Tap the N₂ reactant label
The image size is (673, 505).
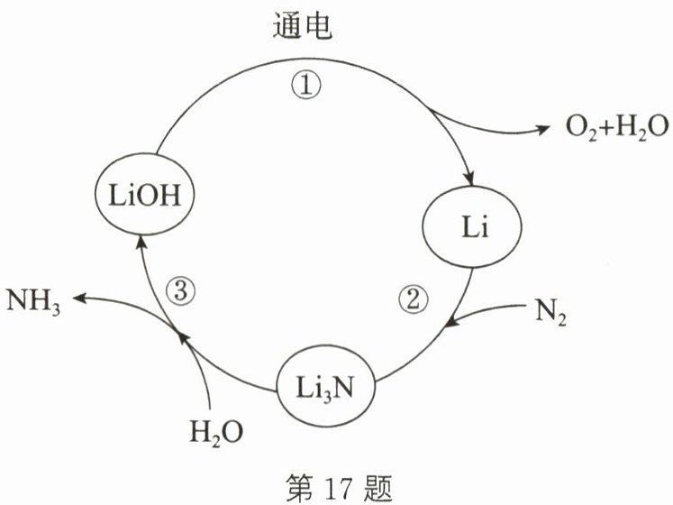(x=550, y=316)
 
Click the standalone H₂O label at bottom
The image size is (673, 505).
(x=216, y=434)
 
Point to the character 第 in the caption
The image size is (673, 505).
(x=301, y=479)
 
